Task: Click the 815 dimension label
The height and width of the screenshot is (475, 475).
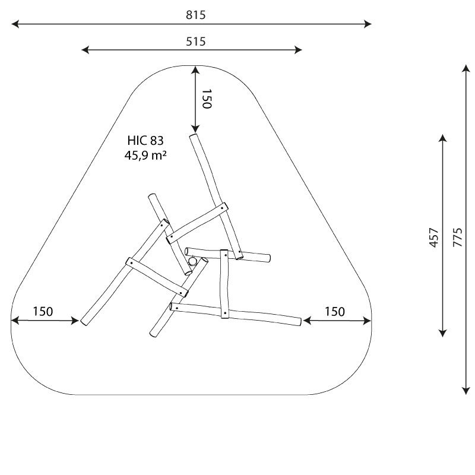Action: coord(196,15)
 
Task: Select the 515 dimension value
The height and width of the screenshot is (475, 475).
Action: coord(196,41)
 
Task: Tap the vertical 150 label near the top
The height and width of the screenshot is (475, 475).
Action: coord(207,99)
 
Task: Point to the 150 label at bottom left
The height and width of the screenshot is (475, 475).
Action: coord(43,311)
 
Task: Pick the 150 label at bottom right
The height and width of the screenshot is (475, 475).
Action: coord(335,311)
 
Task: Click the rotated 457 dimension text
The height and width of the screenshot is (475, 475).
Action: coord(434,237)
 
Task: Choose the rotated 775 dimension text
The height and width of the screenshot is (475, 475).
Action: coord(458,237)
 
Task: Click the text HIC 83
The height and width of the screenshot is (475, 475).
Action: coord(145,141)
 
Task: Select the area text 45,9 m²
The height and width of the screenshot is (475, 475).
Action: coord(145,156)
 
